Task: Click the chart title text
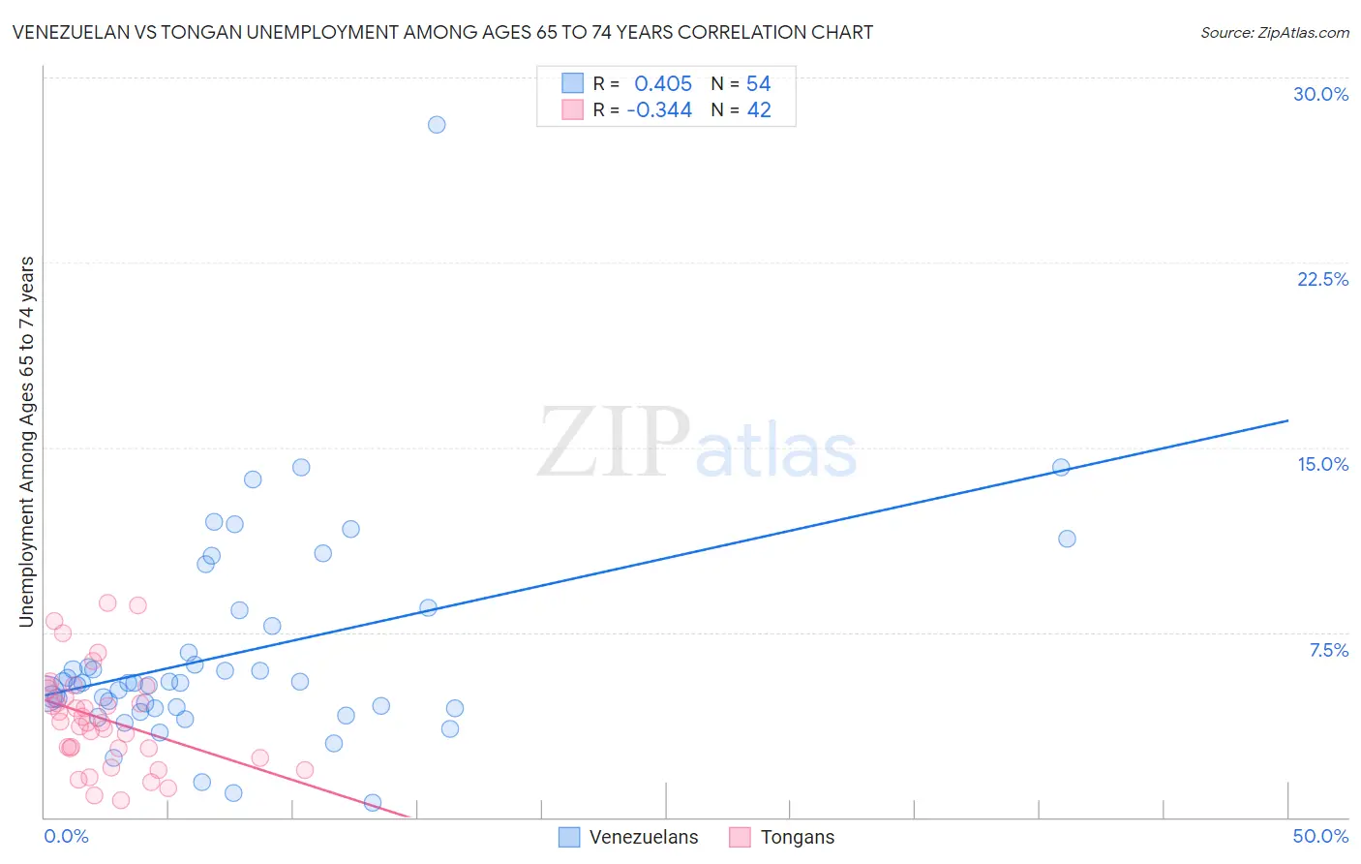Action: tap(443, 33)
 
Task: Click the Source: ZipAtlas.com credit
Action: tap(1274, 33)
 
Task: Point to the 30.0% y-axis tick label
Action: tap(1320, 94)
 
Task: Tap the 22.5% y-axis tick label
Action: tap(1322, 279)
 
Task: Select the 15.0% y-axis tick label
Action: tap(1322, 464)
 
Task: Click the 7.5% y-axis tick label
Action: tap(1328, 650)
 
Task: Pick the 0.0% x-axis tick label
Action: tap(66, 836)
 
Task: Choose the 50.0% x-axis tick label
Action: tap(1320, 836)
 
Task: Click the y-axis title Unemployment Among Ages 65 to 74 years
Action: tap(27, 442)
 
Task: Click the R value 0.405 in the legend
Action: tap(663, 83)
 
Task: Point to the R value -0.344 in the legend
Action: tap(659, 110)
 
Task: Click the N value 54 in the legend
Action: tap(758, 83)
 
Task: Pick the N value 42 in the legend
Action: tap(758, 110)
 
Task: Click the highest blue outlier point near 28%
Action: tap(437, 125)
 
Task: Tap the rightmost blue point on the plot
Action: tap(1067, 539)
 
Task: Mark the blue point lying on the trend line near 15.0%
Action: tap(1061, 467)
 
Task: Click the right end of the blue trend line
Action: tap(1287, 420)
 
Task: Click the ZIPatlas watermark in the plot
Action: tap(697, 444)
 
